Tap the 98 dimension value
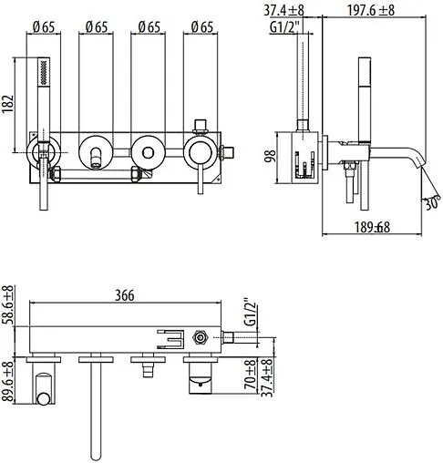(x=270, y=158)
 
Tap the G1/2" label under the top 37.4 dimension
(x=283, y=26)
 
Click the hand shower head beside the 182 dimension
(x=40, y=79)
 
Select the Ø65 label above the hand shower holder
(x=41, y=26)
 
